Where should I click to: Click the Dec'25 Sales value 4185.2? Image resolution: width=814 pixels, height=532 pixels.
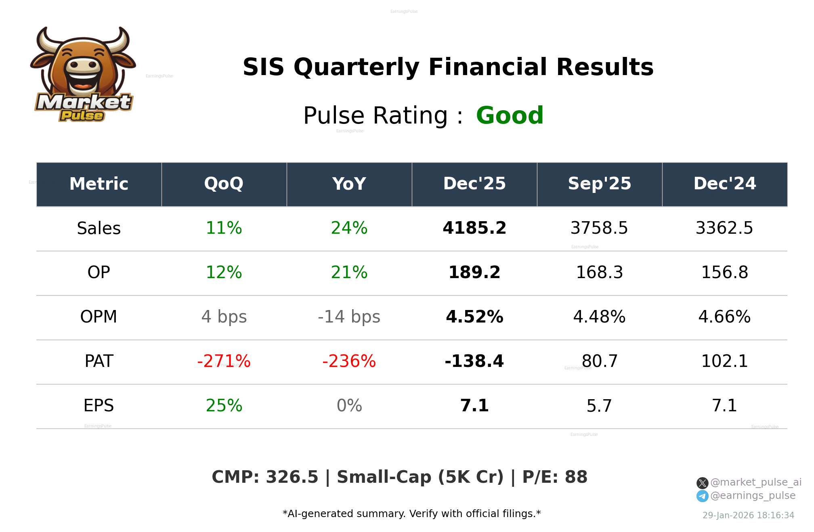pyautogui.click(x=474, y=228)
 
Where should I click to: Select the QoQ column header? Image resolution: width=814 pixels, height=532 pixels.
pyautogui.click(x=224, y=184)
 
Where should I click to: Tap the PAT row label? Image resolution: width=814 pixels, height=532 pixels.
pyautogui.click(x=99, y=361)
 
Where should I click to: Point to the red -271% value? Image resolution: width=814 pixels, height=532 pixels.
pyautogui.click(x=224, y=361)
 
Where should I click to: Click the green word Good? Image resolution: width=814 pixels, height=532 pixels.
pyautogui.click(x=510, y=115)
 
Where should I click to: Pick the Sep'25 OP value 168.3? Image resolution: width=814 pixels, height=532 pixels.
pyautogui.click(x=599, y=272)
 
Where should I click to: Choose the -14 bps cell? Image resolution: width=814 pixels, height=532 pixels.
pyautogui.click(x=349, y=317)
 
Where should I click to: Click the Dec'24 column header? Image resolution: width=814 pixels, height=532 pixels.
pyautogui.click(x=724, y=184)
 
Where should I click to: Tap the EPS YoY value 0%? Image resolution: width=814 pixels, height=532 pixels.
pyautogui.click(x=349, y=406)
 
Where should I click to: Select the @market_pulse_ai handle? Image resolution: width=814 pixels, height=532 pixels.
pyautogui.click(x=755, y=482)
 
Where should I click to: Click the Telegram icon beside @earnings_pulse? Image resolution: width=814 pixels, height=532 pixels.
pyautogui.click(x=702, y=496)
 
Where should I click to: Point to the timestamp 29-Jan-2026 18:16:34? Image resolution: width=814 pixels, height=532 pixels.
pyautogui.click(x=748, y=515)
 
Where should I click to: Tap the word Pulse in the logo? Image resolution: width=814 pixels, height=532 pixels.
pyautogui.click(x=82, y=116)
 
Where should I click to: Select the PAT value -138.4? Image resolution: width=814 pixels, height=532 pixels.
pyautogui.click(x=474, y=361)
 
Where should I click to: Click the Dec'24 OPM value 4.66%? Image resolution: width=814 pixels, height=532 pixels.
pyautogui.click(x=724, y=317)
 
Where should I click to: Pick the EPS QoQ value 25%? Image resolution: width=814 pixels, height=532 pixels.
pyautogui.click(x=224, y=406)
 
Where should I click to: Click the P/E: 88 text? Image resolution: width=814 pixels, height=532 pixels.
pyautogui.click(x=554, y=477)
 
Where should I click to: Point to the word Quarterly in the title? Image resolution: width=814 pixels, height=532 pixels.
pyautogui.click(x=357, y=67)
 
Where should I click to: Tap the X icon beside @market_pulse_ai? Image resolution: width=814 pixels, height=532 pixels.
pyautogui.click(x=702, y=483)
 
